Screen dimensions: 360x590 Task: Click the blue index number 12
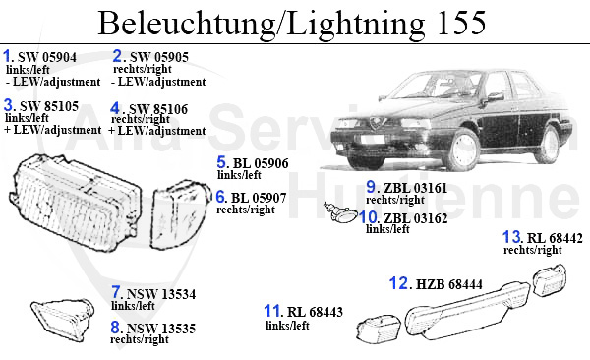pyautogui.click(x=399, y=283)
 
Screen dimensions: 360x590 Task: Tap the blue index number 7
pyautogui.click(x=116, y=292)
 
